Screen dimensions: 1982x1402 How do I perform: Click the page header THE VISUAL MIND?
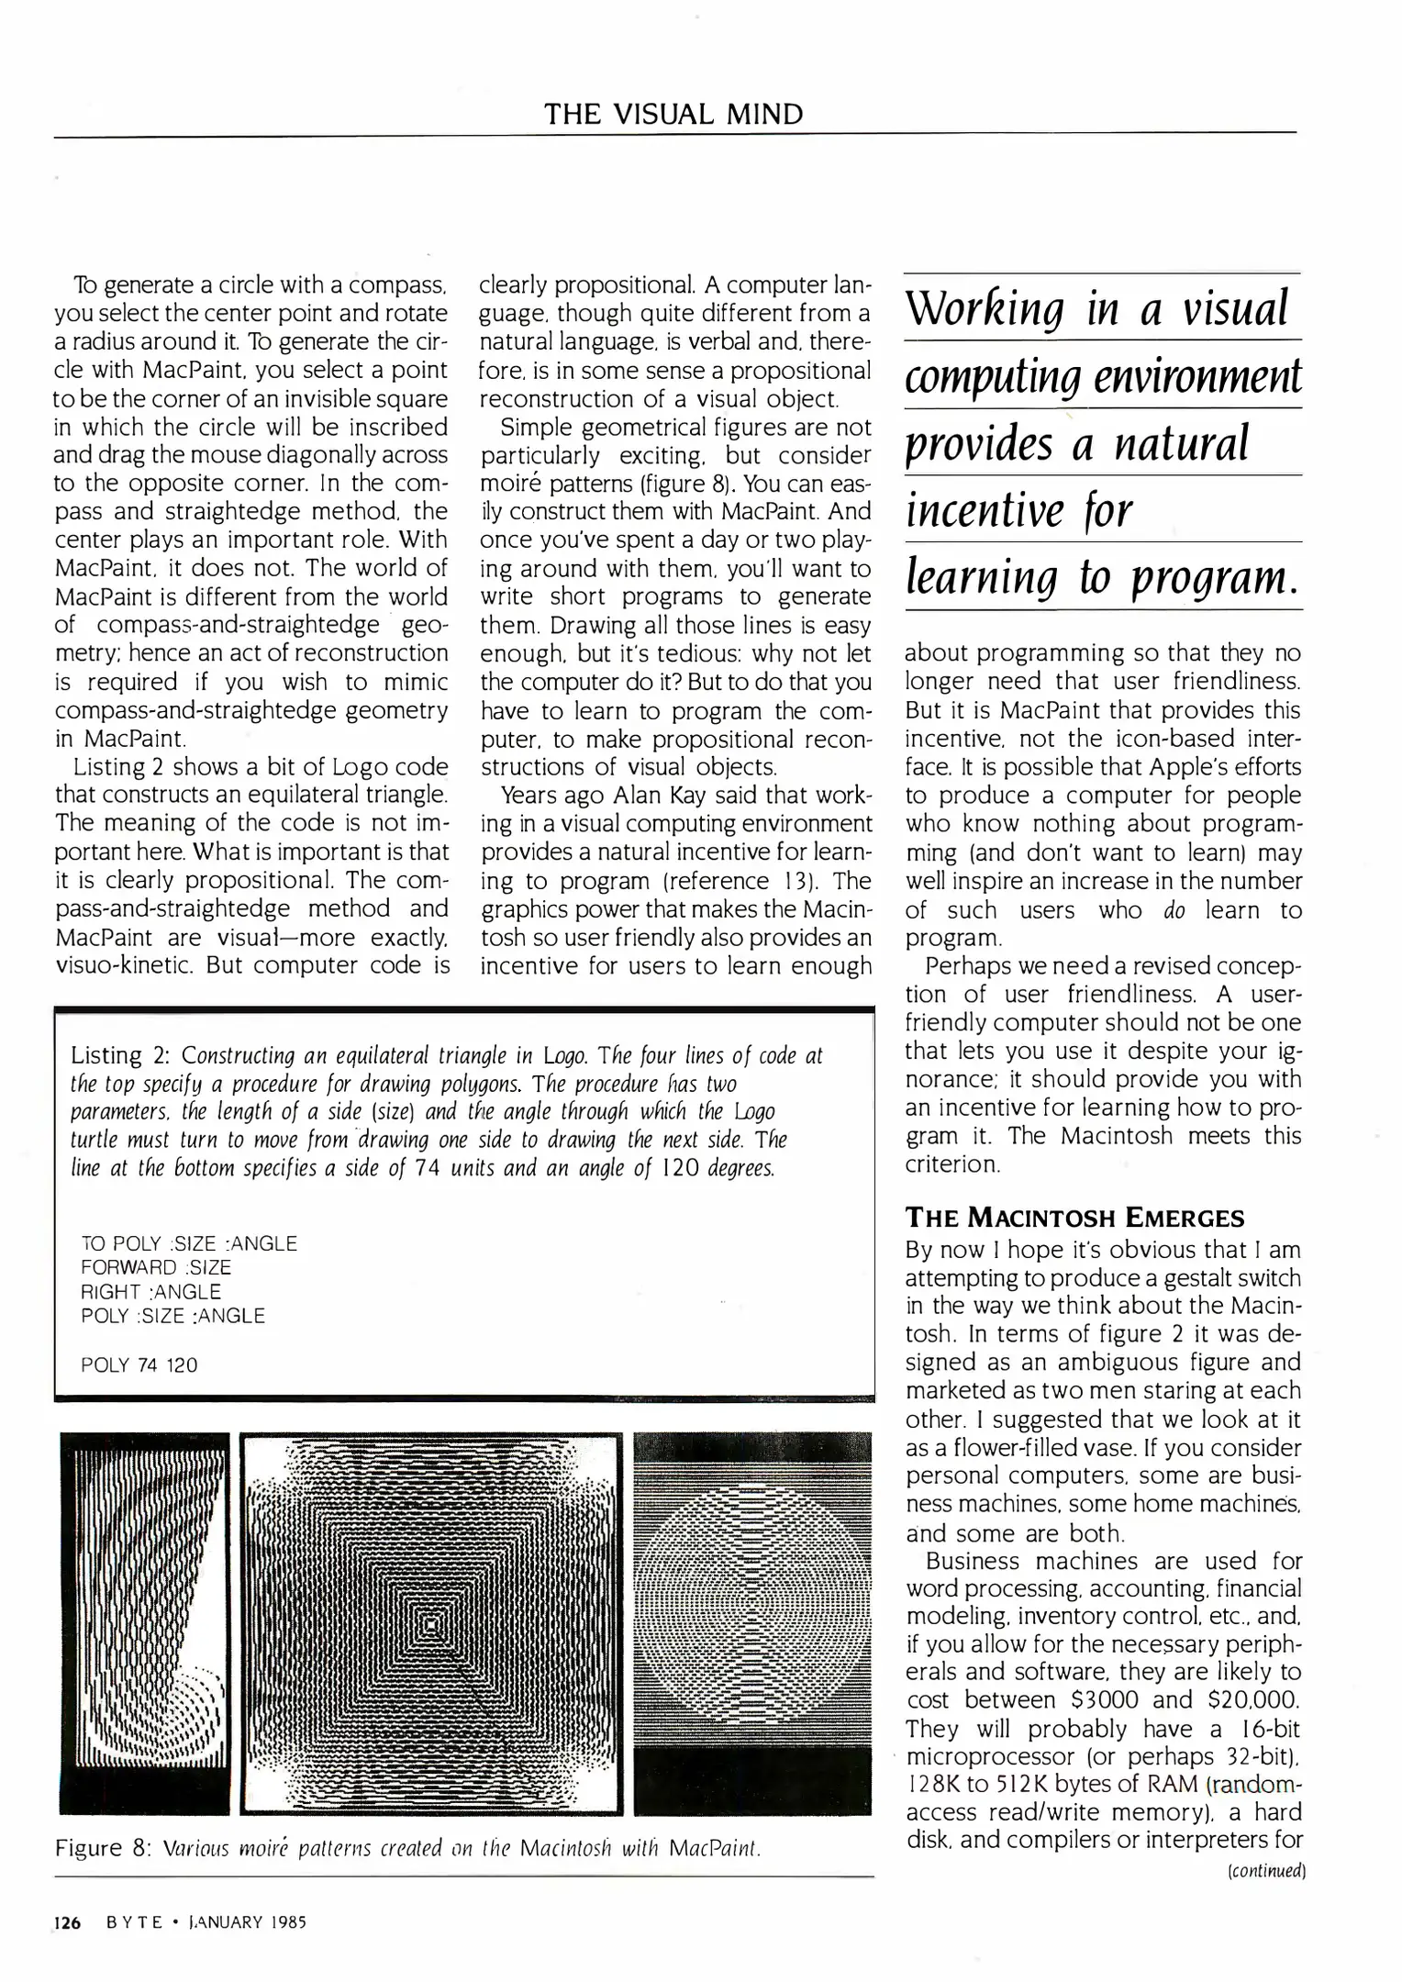(x=673, y=115)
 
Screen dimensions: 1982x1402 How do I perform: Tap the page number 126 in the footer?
(x=68, y=1922)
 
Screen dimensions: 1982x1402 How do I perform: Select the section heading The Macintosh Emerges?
(x=1074, y=1218)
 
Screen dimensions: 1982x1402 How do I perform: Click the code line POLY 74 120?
(x=139, y=1364)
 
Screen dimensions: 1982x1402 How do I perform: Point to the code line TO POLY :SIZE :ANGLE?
(x=189, y=1243)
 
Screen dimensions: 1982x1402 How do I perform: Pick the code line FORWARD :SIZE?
(x=156, y=1267)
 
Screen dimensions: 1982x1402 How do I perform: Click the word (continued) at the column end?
(x=1265, y=1870)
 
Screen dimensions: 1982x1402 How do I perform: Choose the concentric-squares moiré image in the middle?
(x=431, y=1624)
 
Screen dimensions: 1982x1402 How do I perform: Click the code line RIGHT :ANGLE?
(x=151, y=1292)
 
